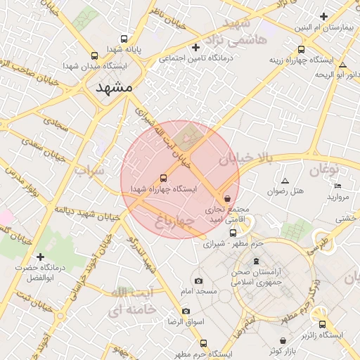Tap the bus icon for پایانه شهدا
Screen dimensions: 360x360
coord(124,39)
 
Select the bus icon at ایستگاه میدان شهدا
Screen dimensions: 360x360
coord(95,54)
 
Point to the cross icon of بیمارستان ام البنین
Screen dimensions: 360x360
coord(323,16)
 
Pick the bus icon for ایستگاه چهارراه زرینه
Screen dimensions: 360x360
coord(302,49)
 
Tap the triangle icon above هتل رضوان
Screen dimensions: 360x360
coord(285,181)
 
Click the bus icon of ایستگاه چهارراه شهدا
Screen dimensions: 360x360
coord(164,178)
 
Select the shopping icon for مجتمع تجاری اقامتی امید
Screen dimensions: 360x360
coord(226,199)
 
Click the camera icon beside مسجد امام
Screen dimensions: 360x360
coord(198,281)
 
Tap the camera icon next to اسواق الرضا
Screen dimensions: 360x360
coord(186,311)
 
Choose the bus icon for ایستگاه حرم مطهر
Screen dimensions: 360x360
coord(204,343)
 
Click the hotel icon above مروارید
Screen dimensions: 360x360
coord(338,186)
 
